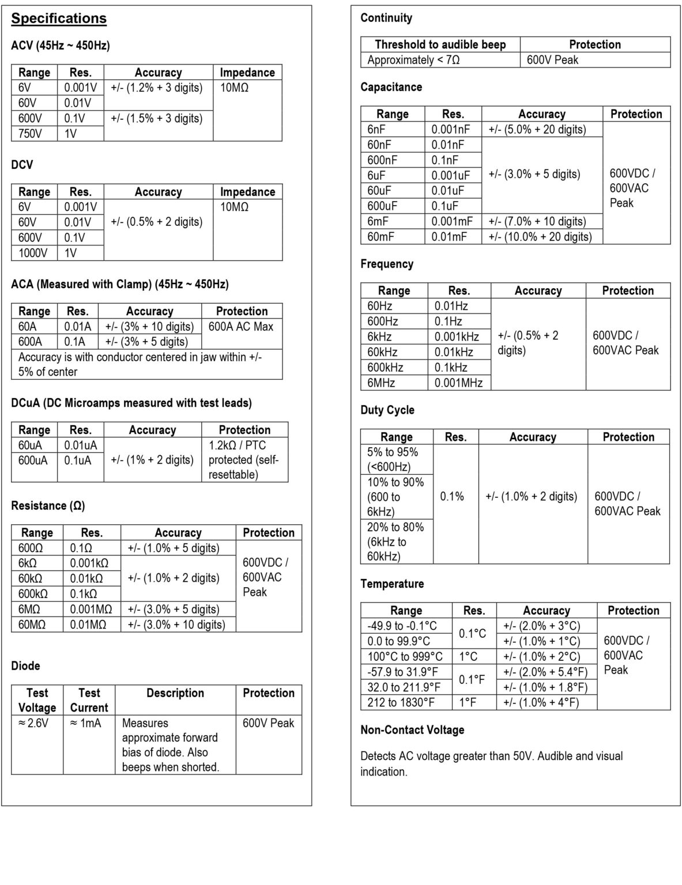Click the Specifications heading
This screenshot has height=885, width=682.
(59, 18)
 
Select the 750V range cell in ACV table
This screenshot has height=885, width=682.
(31, 134)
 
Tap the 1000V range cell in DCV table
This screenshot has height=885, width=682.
(33, 253)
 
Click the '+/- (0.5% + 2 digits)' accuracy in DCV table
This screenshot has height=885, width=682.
(157, 222)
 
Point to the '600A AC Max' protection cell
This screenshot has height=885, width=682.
(241, 327)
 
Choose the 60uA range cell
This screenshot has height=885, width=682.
(30, 445)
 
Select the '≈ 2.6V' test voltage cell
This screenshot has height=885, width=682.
(34, 723)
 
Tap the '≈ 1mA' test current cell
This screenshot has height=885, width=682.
(85, 723)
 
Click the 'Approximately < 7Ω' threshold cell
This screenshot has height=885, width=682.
(413, 60)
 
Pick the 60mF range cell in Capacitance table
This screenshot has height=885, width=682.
(381, 237)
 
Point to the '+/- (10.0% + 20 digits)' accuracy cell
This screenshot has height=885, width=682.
(540, 237)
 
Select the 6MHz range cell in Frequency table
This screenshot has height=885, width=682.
(381, 383)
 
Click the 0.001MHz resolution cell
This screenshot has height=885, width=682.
(458, 383)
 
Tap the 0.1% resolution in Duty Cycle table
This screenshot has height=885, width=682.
(452, 497)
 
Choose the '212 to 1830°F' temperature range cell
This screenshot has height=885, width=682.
(401, 702)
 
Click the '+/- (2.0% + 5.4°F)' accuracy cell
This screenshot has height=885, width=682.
(545, 672)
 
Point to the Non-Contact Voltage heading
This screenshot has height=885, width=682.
(412, 730)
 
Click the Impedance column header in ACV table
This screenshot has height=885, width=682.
(247, 73)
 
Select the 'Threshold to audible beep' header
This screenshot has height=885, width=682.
(440, 44)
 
